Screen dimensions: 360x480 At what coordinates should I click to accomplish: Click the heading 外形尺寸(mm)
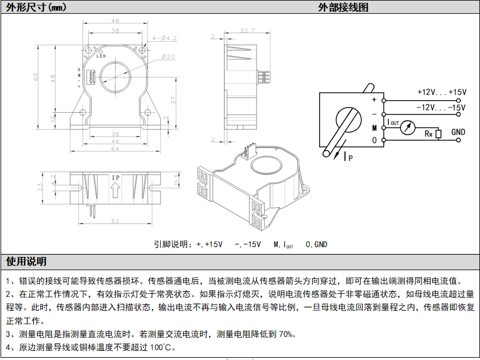click(x=36, y=7)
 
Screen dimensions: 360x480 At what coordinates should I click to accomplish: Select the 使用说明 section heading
click(x=26, y=262)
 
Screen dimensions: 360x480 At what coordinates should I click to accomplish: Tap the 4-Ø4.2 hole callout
click(x=164, y=38)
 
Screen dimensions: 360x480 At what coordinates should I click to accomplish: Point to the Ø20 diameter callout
click(x=168, y=57)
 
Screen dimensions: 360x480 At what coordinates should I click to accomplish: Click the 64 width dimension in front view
click(x=115, y=149)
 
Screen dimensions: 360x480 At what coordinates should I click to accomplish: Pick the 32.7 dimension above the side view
click(x=247, y=30)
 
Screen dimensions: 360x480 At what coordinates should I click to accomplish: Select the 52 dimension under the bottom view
click(x=115, y=221)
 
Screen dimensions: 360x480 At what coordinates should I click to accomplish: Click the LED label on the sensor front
click(x=101, y=56)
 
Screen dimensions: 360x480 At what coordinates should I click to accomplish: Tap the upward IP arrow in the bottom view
click(x=115, y=192)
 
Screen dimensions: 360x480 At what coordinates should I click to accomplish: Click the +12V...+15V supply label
click(x=441, y=92)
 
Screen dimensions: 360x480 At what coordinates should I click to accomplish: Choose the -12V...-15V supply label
click(x=441, y=107)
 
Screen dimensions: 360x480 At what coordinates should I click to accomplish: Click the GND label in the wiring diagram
click(x=458, y=132)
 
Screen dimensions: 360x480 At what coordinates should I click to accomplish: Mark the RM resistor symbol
click(x=438, y=134)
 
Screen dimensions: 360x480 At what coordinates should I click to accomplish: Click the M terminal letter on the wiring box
click(x=374, y=127)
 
